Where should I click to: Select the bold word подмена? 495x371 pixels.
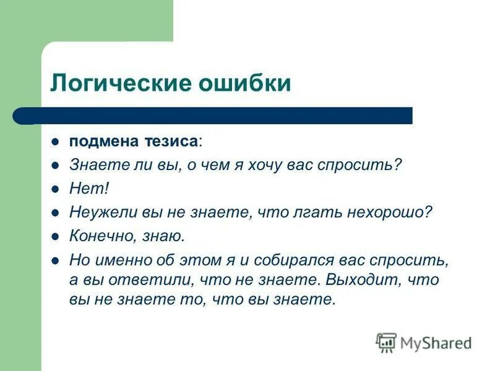click(101, 141)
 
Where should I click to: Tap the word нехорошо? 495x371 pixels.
click(388, 212)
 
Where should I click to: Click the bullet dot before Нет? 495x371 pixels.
click(55, 189)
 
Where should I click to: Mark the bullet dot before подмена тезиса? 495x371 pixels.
click(55, 142)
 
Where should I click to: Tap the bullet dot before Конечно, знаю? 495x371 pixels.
click(55, 236)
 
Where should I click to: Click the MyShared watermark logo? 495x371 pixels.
click(424, 342)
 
